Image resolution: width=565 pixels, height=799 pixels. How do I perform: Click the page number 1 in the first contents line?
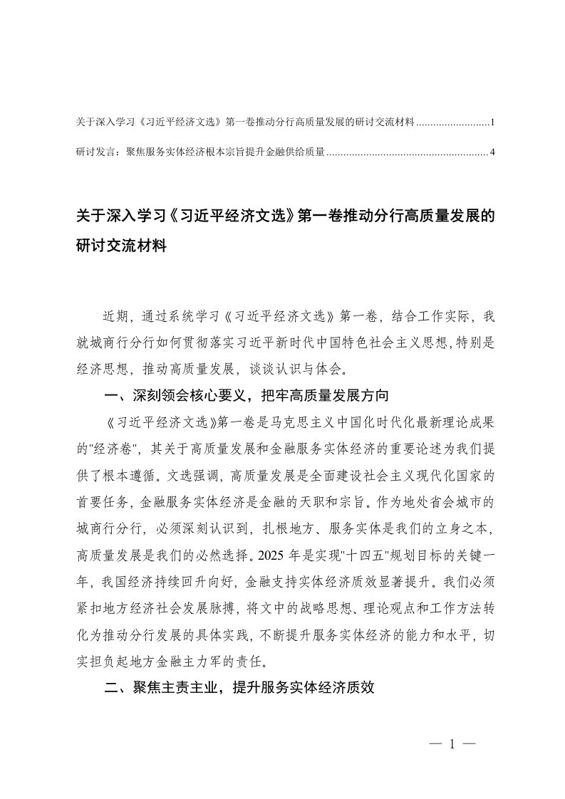tap(492, 123)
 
